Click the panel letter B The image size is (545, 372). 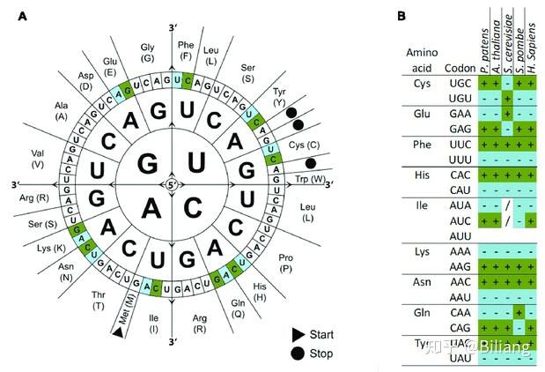[402, 15]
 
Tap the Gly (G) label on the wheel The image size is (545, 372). [150, 52]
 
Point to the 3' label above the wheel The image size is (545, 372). [175, 16]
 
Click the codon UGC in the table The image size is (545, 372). [460, 82]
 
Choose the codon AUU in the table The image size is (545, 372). [459, 236]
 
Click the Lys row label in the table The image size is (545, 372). [420, 251]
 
